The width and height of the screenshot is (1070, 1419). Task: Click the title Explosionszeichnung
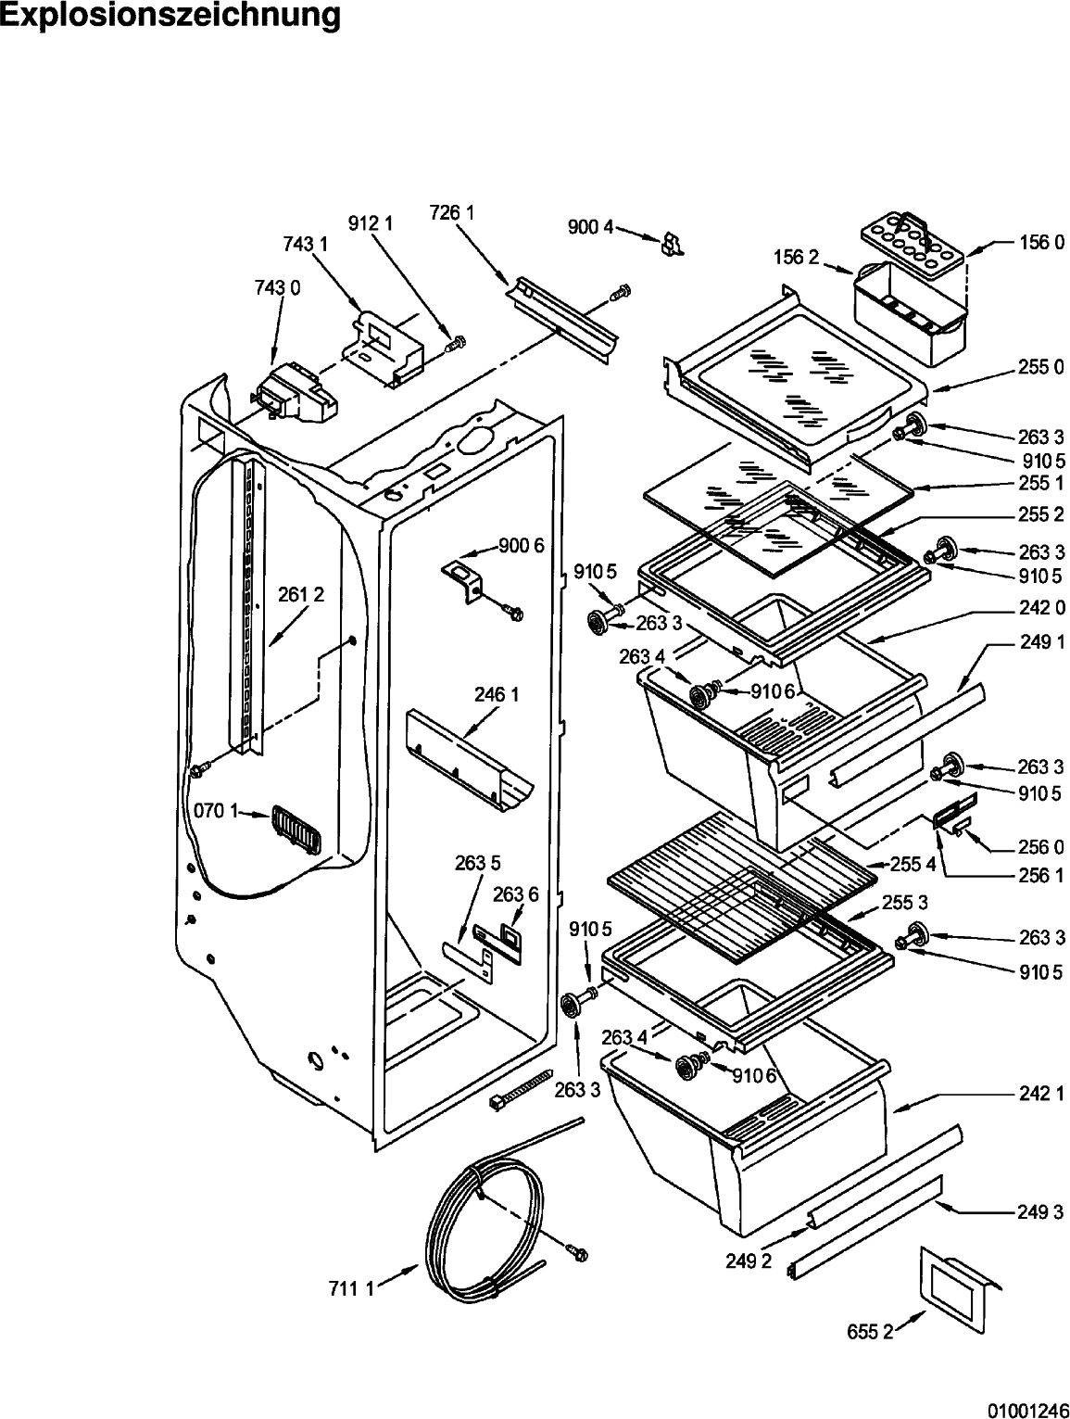[x=170, y=15]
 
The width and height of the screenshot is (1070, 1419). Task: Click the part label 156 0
[x=1041, y=243]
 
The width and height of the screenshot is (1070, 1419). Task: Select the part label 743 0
[x=277, y=287]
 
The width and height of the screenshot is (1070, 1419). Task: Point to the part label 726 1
[x=452, y=212]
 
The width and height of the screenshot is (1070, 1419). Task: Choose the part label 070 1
[x=216, y=810]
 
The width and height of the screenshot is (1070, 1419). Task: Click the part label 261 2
[x=301, y=594]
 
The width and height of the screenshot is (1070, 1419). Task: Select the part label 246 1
[x=497, y=694]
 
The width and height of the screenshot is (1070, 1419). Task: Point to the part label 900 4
[x=590, y=227]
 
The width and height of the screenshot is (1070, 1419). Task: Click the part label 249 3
[x=1040, y=1211]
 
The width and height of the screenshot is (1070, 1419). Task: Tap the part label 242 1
[x=1041, y=1093]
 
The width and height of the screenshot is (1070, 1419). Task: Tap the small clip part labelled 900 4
[x=672, y=246]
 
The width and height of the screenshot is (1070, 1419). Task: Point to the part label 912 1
[x=371, y=223]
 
